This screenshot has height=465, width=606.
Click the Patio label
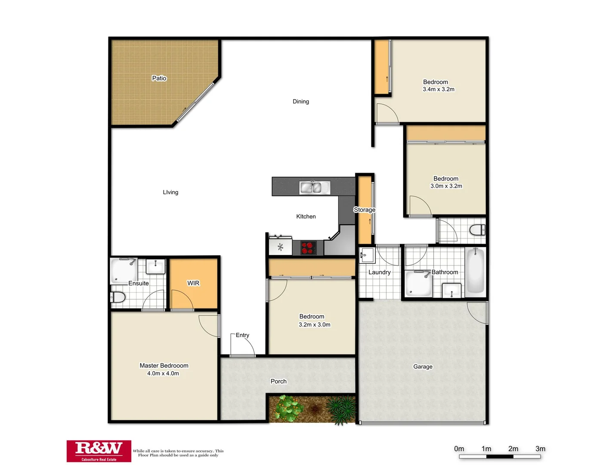(x=159, y=78)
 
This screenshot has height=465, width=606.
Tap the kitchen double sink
(x=315, y=188)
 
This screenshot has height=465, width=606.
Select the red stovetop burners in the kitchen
(x=308, y=248)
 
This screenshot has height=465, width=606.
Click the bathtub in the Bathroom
(x=475, y=271)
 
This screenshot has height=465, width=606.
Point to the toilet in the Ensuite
(x=118, y=297)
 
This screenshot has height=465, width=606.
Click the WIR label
(x=193, y=283)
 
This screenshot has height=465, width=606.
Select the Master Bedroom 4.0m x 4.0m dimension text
(x=163, y=373)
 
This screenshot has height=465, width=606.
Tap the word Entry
(x=242, y=335)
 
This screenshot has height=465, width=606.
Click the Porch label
(x=278, y=381)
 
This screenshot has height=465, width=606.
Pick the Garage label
(x=423, y=366)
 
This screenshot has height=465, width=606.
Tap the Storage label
(x=365, y=210)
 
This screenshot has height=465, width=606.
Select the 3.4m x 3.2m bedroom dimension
(x=439, y=89)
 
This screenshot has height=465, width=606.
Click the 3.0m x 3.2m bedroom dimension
(x=446, y=186)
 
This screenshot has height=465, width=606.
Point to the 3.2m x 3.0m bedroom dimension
(x=315, y=325)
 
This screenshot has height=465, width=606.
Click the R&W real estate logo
(x=99, y=451)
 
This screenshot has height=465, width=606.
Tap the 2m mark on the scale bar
(x=513, y=449)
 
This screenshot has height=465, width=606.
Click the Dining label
(x=301, y=102)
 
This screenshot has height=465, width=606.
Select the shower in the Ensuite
(x=124, y=271)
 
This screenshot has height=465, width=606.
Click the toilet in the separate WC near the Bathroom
(x=477, y=230)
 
